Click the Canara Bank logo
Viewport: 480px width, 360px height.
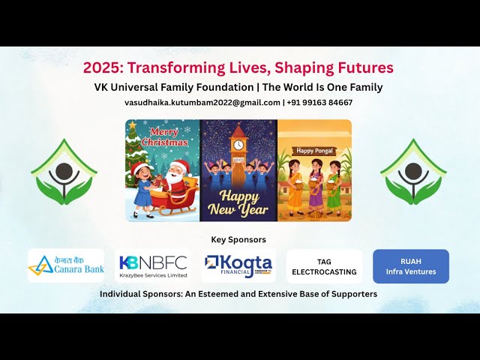(x=66, y=265)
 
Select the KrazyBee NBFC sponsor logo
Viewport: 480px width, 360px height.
(x=152, y=265)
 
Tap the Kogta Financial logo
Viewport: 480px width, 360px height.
(x=238, y=265)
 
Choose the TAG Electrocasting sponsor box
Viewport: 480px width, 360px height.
(x=324, y=266)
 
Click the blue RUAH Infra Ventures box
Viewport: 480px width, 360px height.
(x=411, y=266)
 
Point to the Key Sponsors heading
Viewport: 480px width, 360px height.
(x=238, y=239)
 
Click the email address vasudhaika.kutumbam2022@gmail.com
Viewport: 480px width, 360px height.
(x=202, y=103)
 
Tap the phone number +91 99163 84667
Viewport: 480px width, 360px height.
(x=320, y=103)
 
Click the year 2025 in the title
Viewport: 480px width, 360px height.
(x=100, y=67)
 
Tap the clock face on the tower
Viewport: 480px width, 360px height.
(x=238, y=145)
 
